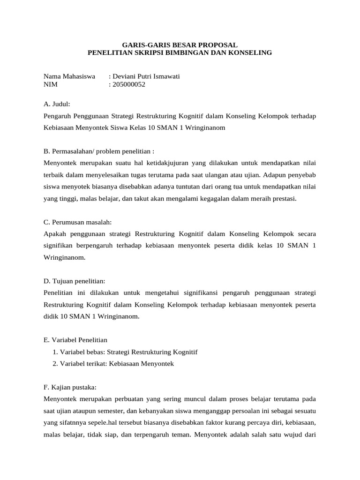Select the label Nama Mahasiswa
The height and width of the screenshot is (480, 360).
coord(69,76)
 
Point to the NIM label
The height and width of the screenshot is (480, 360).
coord(50,84)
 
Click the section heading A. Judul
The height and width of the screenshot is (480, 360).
coord(57,104)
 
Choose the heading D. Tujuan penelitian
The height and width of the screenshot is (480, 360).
coord(75,281)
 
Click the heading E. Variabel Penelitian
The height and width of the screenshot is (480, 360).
coord(75,340)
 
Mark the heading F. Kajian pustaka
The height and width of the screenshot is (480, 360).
coord(70,388)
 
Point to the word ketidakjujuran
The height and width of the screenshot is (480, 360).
coord(149,163)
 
